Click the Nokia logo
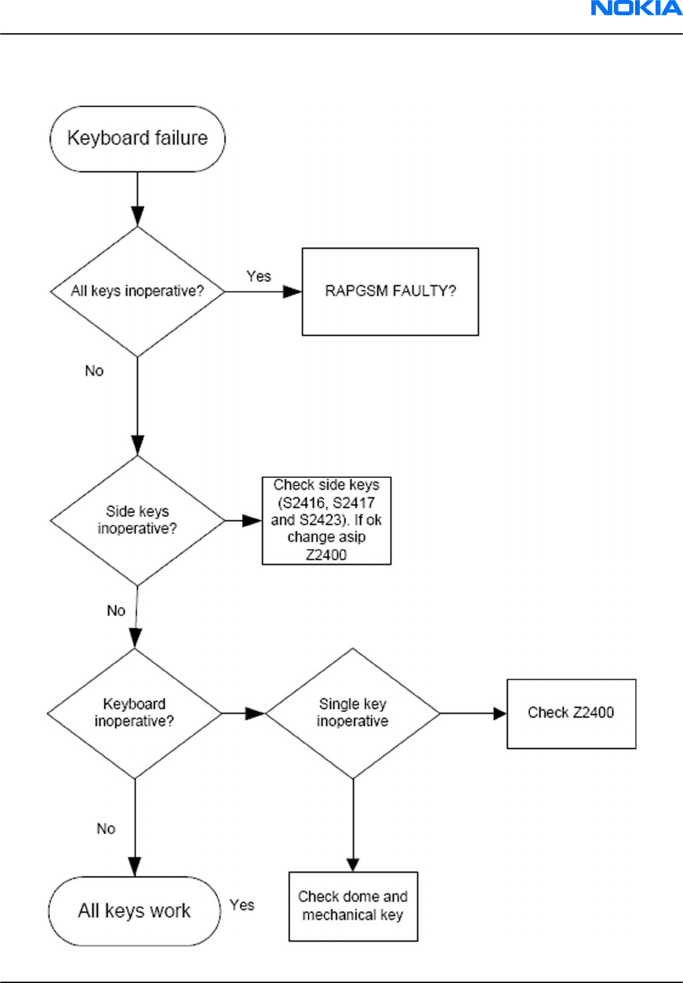point(636,8)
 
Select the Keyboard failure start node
point(138,139)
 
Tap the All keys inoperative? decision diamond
point(138,291)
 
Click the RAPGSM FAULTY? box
point(390,292)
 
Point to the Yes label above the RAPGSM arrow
point(259,276)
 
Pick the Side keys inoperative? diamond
point(138,520)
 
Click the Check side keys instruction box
point(327,520)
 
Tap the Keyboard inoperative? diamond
point(134,714)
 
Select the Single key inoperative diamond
point(352,714)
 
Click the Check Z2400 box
point(571,714)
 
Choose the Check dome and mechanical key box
point(353,906)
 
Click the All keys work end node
point(134,911)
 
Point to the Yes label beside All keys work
point(242,905)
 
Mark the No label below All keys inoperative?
point(94,371)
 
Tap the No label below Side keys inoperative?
point(116,610)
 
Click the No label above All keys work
point(106,829)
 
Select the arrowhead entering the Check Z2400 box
point(500,714)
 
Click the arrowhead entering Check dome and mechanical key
point(353,865)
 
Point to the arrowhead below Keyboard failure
point(138,217)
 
